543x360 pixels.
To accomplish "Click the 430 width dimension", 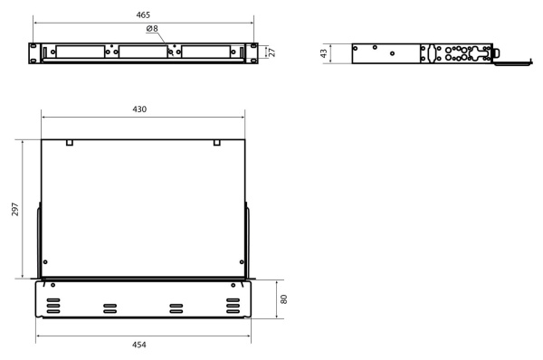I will click(140, 109).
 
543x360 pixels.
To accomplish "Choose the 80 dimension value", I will click(284, 298).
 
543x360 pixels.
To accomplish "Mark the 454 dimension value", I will click(140, 346).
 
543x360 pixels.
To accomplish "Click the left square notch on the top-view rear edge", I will click(71, 143).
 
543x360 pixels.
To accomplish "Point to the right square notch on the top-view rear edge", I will click(217, 143).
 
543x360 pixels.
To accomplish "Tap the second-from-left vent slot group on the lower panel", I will click(110, 307).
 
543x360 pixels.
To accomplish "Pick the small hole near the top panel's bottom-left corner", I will click(46, 262).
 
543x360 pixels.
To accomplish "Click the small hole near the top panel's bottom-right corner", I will click(241, 262).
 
